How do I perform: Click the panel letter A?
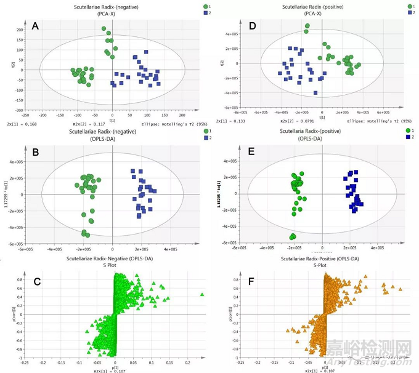(35, 26)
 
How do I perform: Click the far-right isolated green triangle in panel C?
(202, 295)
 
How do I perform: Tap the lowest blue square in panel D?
(315, 93)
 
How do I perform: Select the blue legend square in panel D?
(407, 12)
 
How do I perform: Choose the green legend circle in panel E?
(407, 130)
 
